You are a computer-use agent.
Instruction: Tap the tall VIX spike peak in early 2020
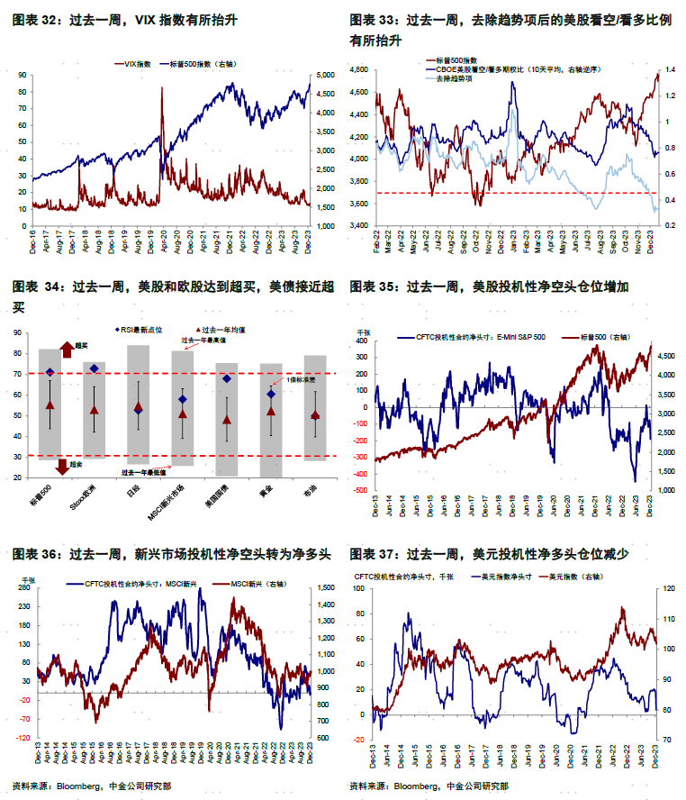162,88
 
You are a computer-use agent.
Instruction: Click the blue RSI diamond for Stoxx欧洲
95,368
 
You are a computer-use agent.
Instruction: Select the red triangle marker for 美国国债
228,420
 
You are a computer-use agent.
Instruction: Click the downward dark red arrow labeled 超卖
61,466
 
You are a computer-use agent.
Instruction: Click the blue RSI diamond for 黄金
271,394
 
